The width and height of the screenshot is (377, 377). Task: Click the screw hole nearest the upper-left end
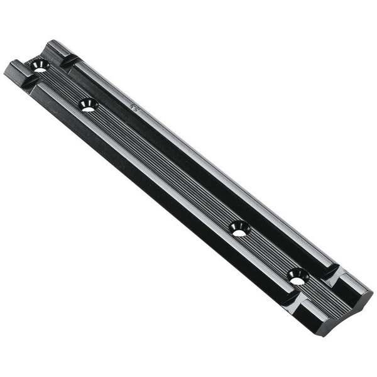pos(40,65)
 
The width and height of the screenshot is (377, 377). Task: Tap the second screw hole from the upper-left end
pos(88,105)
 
